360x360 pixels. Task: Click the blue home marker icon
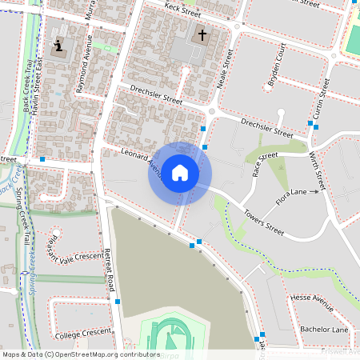pos(180,173)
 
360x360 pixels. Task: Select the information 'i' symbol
pos(58,45)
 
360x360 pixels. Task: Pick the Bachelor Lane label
pos(324,329)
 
